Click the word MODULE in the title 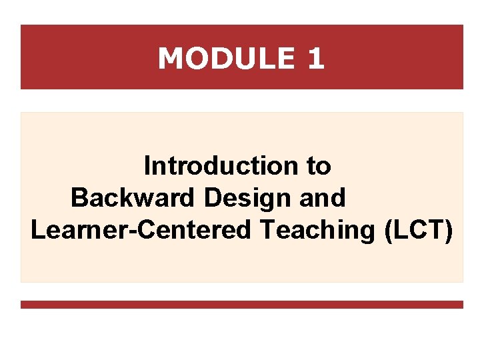[225, 59]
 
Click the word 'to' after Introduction [319, 166]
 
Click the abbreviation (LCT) [419, 230]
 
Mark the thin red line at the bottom [241, 305]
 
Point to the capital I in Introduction [147, 166]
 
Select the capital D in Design [213, 198]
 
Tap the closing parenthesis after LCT [449, 230]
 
